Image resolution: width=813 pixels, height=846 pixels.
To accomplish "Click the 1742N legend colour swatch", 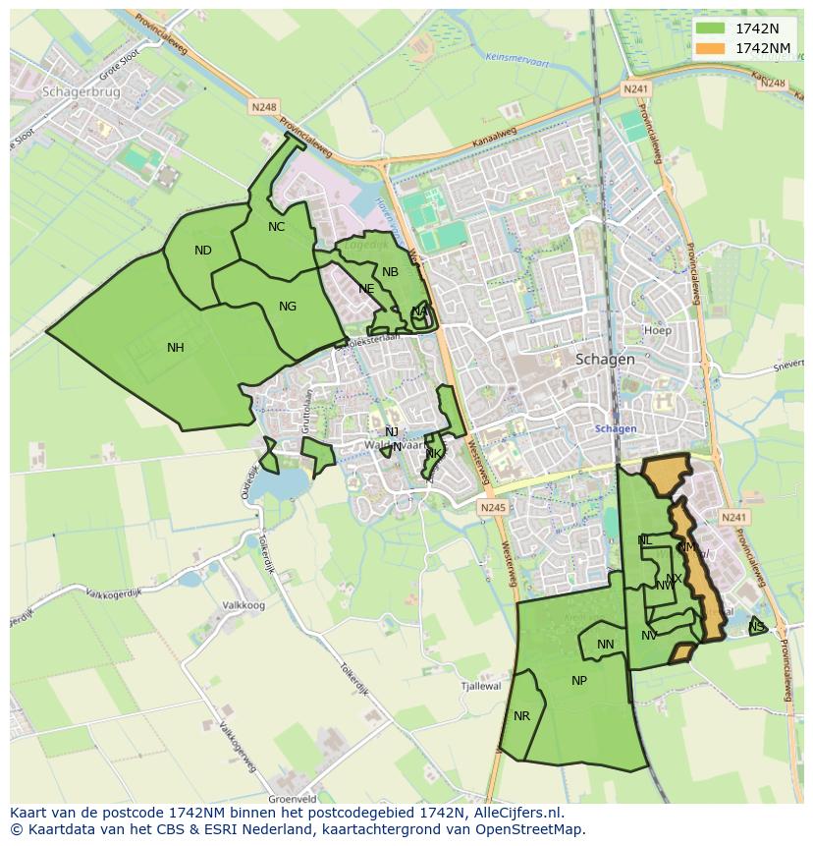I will [x=710, y=28].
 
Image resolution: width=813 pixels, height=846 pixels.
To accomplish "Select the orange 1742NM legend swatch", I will [x=710, y=48].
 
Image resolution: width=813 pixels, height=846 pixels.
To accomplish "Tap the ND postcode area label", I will [x=203, y=251].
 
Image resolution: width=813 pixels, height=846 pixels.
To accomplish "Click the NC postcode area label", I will [x=276, y=227].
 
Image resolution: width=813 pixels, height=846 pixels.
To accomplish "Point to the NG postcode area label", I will [x=288, y=307].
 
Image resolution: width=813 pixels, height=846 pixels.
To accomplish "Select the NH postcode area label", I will [x=176, y=347].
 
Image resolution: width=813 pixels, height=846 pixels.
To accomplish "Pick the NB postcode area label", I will [x=390, y=272].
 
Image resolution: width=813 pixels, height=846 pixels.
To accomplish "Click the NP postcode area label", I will [x=579, y=681].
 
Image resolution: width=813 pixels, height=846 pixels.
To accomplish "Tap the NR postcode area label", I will [x=521, y=716].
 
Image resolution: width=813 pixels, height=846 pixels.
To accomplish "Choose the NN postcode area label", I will [x=606, y=645].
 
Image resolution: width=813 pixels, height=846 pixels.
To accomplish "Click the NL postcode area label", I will [x=644, y=540].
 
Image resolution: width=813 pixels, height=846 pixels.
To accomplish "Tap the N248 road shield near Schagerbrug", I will [x=264, y=107].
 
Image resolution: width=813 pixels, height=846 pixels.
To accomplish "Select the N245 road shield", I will [x=493, y=508].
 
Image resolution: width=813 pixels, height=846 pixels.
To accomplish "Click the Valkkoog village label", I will [x=244, y=606].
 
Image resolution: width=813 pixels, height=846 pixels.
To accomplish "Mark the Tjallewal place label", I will [x=481, y=687].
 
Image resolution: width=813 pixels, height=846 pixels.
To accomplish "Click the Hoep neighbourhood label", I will [x=658, y=331].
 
